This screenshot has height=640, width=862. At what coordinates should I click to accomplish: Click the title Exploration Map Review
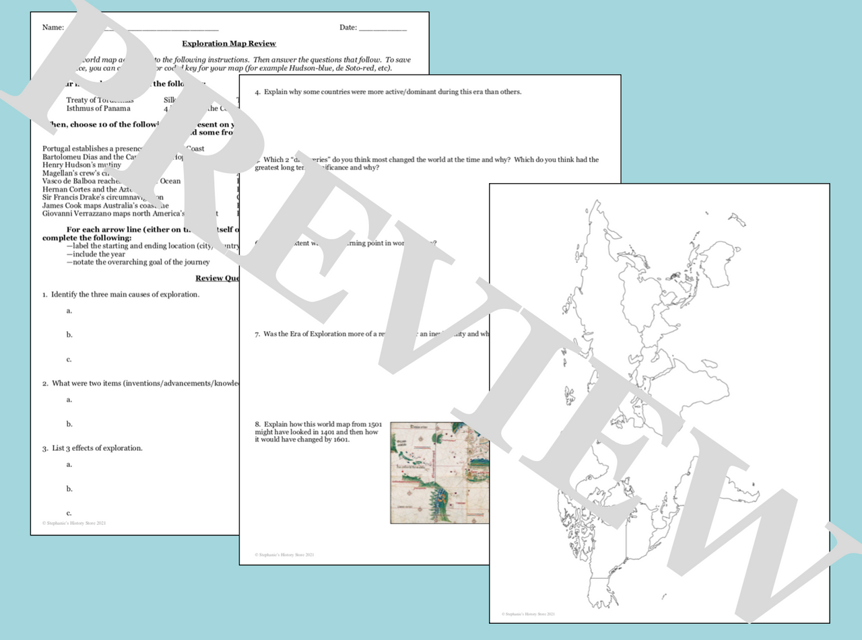pos(229,44)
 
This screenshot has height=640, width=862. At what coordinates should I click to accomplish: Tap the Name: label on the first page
pos(53,28)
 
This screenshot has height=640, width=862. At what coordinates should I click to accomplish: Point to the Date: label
pos(348,28)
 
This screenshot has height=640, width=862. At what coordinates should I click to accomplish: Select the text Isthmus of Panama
pos(98,108)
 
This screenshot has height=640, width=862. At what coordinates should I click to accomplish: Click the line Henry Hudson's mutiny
pos(81,165)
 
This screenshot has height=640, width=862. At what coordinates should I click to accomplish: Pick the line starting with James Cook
pos(105,205)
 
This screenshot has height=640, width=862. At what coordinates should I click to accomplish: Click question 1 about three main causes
pos(121,295)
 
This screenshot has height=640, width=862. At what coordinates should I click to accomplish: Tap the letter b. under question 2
pos(69,424)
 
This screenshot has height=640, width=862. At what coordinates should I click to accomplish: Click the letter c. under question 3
pos(69,513)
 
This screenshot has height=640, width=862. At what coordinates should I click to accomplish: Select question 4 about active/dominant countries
pos(387,92)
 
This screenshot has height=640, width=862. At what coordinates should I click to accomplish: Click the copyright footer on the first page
pos(74,523)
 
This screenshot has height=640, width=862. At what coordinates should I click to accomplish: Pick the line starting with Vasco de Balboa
pos(111,181)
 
